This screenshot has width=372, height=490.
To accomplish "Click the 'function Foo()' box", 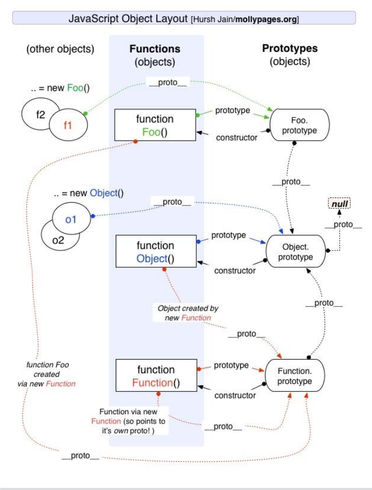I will click(155, 125).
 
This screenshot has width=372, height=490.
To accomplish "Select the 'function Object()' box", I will click(155, 251).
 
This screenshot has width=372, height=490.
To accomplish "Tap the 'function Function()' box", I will click(155, 376).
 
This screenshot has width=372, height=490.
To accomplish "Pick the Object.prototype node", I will click(296, 251).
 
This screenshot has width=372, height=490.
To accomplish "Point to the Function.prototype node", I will click(295, 376).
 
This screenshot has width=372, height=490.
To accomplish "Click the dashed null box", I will click(339, 204).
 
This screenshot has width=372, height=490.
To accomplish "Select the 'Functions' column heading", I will click(155, 49).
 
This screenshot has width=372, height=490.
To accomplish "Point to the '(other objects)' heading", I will click(60, 49).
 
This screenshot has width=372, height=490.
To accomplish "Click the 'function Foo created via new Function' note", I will click(48, 374).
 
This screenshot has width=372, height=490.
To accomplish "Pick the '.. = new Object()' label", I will click(88, 193).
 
